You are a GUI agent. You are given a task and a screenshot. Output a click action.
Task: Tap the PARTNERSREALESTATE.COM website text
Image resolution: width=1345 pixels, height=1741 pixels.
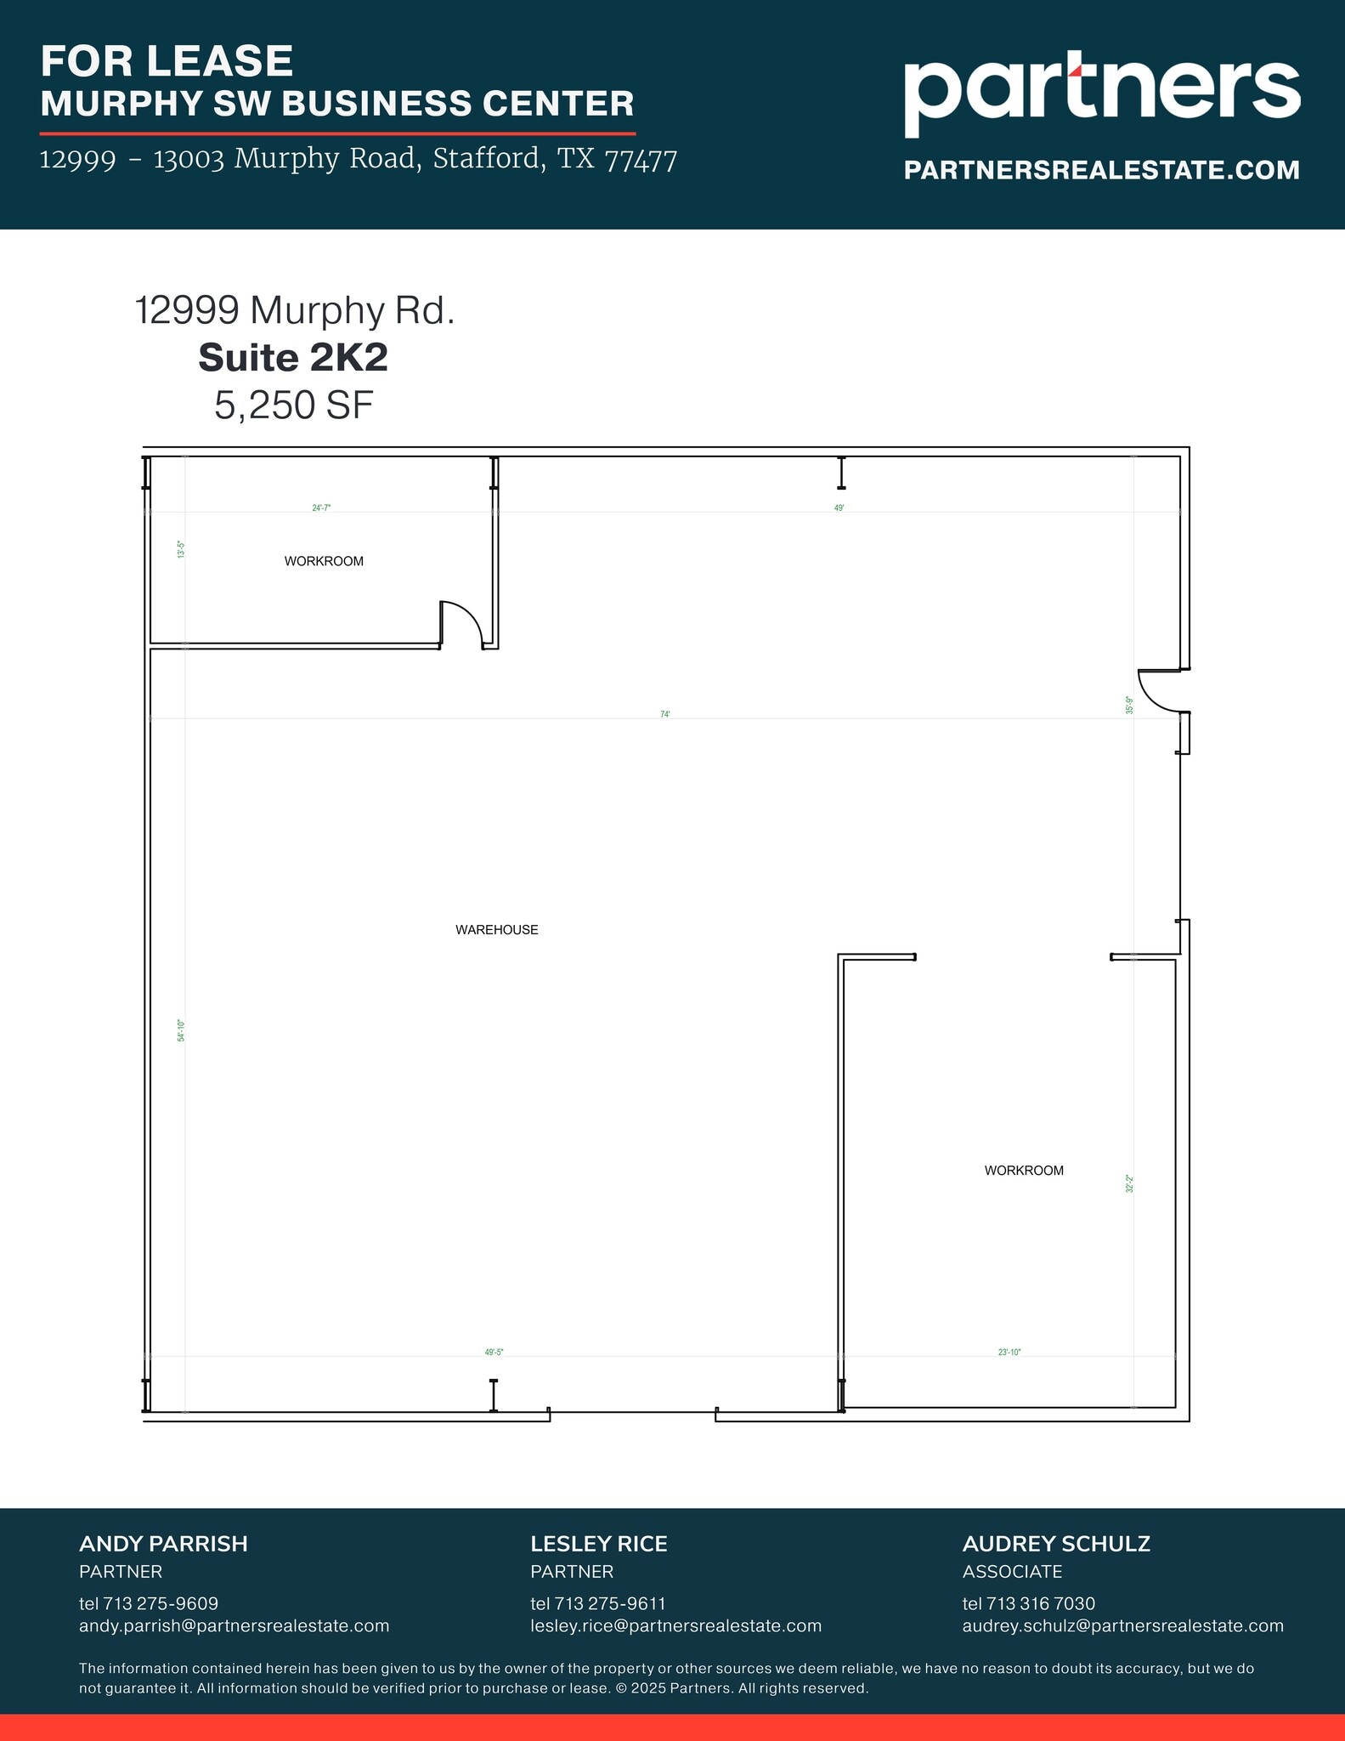(1101, 170)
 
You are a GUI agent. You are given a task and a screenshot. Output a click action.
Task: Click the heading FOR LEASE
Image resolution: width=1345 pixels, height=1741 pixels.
(167, 61)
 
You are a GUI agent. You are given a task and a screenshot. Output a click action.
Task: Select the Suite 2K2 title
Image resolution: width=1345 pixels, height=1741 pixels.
(293, 358)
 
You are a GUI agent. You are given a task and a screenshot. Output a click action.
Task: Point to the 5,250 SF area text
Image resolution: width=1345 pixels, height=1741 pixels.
(293, 405)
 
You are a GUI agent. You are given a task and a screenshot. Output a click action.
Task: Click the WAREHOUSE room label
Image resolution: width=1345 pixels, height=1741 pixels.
(497, 930)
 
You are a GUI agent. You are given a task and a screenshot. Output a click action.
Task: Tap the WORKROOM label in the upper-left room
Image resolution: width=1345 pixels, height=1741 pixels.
(324, 561)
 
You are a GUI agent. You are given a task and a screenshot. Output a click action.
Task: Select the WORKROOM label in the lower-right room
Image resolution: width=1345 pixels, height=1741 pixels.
(1024, 1171)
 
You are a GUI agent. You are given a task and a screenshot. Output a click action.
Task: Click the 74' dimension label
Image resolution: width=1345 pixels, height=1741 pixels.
(665, 714)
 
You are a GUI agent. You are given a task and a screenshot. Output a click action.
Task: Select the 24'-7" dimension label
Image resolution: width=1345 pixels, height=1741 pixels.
(321, 508)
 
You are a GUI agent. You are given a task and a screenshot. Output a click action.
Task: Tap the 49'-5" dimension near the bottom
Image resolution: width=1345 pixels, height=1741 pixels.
(494, 1352)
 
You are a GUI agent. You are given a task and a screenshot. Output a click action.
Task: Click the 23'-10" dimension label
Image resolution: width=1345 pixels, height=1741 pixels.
(1009, 1352)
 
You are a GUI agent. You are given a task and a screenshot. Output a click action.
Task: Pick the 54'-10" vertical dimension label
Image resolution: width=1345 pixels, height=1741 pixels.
(181, 1030)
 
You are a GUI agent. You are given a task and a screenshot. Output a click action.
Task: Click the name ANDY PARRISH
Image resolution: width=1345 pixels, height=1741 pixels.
(163, 1544)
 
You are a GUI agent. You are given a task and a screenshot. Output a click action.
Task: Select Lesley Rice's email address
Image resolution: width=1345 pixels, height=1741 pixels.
(675, 1625)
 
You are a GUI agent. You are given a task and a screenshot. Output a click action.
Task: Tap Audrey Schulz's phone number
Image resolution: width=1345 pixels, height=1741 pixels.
(1028, 1603)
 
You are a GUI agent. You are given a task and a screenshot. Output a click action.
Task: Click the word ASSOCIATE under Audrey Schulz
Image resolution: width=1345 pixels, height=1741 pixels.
(1012, 1571)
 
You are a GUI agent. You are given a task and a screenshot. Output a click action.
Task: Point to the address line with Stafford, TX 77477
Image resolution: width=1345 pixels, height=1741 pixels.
(358, 159)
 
